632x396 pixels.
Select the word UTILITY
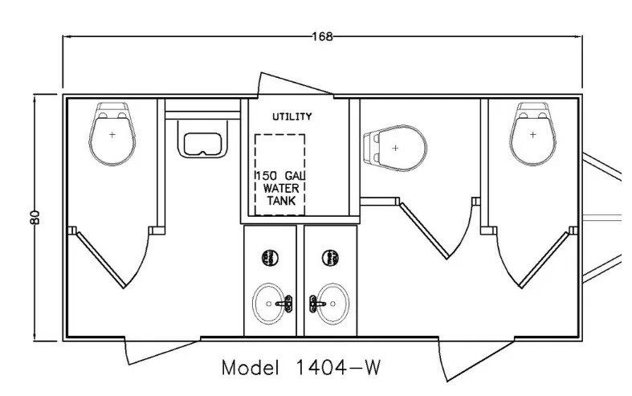[292, 116]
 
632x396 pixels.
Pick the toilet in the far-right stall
[532, 134]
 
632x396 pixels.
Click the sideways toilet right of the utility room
[394, 148]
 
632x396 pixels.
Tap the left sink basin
[272, 304]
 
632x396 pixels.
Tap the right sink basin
[328, 304]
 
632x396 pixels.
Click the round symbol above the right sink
[329, 258]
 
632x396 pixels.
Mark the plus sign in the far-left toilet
[112, 134]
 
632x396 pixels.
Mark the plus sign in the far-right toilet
[532, 134]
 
